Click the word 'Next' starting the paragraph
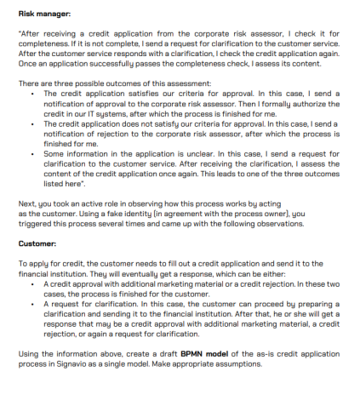pyautogui.click(x=26, y=205)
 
